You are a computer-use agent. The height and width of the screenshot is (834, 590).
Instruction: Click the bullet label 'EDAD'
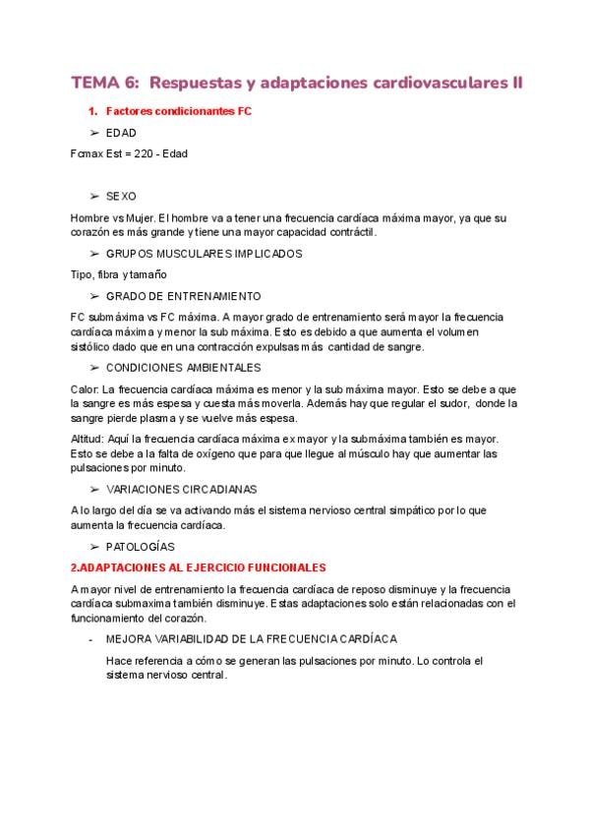pos(121,133)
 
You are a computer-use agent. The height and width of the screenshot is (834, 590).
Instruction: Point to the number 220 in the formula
pos(143,153)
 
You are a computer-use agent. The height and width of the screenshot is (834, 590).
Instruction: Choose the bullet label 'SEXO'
pos(121,196)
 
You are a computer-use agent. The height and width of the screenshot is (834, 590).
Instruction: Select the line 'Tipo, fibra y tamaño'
pos(119,274)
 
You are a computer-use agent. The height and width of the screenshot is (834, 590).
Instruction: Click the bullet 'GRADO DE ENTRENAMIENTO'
pos(183,296)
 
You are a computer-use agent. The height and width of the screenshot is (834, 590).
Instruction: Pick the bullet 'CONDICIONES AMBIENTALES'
pos(183,367)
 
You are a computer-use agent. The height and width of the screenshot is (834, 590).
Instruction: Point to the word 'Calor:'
pos(86,388)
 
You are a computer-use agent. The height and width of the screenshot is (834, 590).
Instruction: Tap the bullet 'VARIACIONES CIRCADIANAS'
pos(182,489)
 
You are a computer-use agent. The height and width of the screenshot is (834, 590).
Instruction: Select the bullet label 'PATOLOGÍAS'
pos(141,546)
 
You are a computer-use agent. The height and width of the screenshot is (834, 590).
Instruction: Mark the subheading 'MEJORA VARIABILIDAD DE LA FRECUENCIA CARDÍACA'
pos(251,639)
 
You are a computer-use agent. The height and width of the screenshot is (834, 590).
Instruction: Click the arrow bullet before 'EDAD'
pos(94,133)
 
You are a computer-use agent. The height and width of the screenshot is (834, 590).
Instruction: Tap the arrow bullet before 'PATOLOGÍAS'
pos(94,546)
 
